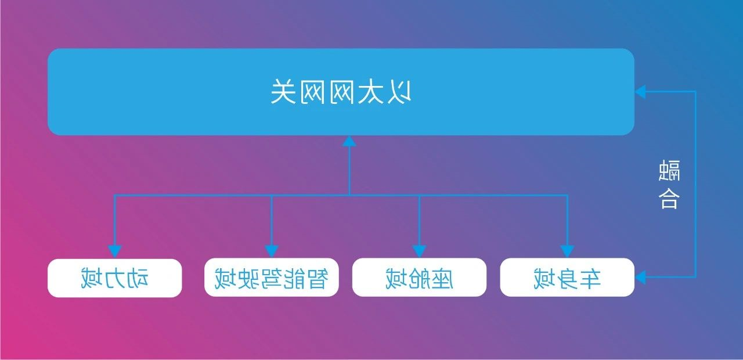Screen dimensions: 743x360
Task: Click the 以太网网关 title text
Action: click(x=341, y=92)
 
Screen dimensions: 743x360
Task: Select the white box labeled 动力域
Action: click(x=115, y=278)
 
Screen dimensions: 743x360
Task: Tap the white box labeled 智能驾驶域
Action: click(x=271, y=278)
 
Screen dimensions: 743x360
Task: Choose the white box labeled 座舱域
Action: click(x=419, y=278)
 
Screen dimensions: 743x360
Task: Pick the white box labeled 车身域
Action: click(x=567, y=278)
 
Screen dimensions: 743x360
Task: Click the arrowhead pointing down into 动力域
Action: click(x=115, y=251)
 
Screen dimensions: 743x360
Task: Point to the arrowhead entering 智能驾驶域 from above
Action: click(x=271, y=251)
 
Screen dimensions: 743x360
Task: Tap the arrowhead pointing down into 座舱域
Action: click(x=419, y=251)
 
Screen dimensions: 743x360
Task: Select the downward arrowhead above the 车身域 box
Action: click(x=567, y=251)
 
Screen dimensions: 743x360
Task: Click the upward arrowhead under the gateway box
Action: click(x=349, y=141)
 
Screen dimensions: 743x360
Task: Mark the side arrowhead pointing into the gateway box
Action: click(x=640, y=92)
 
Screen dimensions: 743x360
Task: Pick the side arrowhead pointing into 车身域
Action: click(x=640, y=278)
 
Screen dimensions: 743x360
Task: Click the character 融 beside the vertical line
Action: click(x=669, y=170)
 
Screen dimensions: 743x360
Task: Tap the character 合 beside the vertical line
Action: click(x=669, y=199)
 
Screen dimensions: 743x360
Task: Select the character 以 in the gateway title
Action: click(x=399, y=92)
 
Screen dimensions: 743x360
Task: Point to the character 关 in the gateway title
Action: click(x=283, y=92)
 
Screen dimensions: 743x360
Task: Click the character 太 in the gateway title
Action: click(x=370, y=92)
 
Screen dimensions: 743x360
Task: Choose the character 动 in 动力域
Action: click(x=138, y=278)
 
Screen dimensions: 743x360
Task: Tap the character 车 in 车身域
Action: click(x=590, y=278)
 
